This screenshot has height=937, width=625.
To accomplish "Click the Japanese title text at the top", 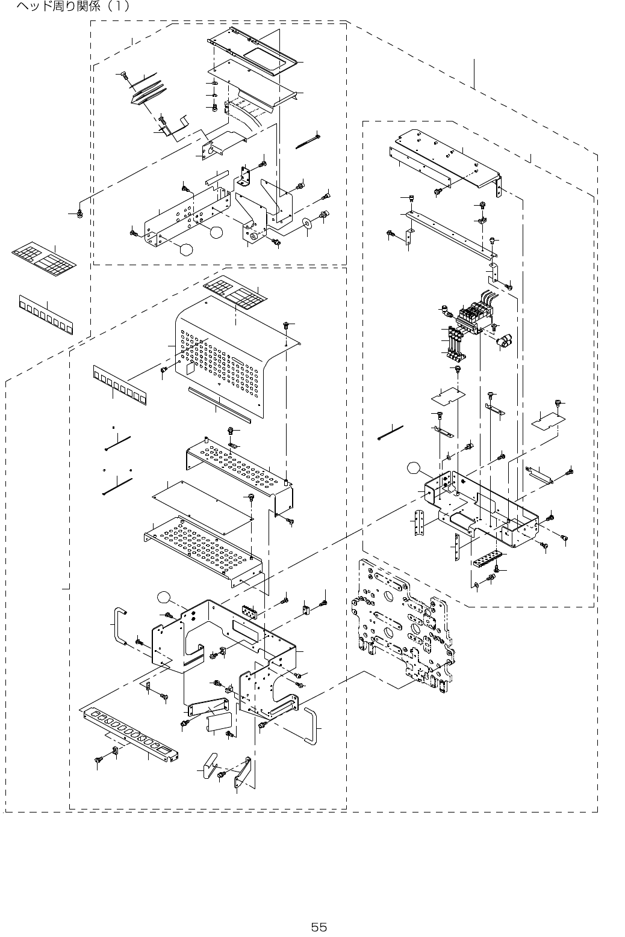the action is [72, 6].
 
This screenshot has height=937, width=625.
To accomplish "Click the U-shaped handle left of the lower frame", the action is [119, 627].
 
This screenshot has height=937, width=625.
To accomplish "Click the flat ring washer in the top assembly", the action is [308, 223].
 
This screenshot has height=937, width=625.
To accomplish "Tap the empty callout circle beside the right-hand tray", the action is [414, 468].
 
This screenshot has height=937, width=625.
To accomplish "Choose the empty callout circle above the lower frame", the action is [164, 597].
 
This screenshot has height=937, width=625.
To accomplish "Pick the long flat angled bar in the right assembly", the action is [451, 235].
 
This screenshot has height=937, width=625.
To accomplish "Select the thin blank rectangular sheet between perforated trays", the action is [203, 507].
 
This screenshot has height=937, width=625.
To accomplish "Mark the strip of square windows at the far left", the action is [46, 315].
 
